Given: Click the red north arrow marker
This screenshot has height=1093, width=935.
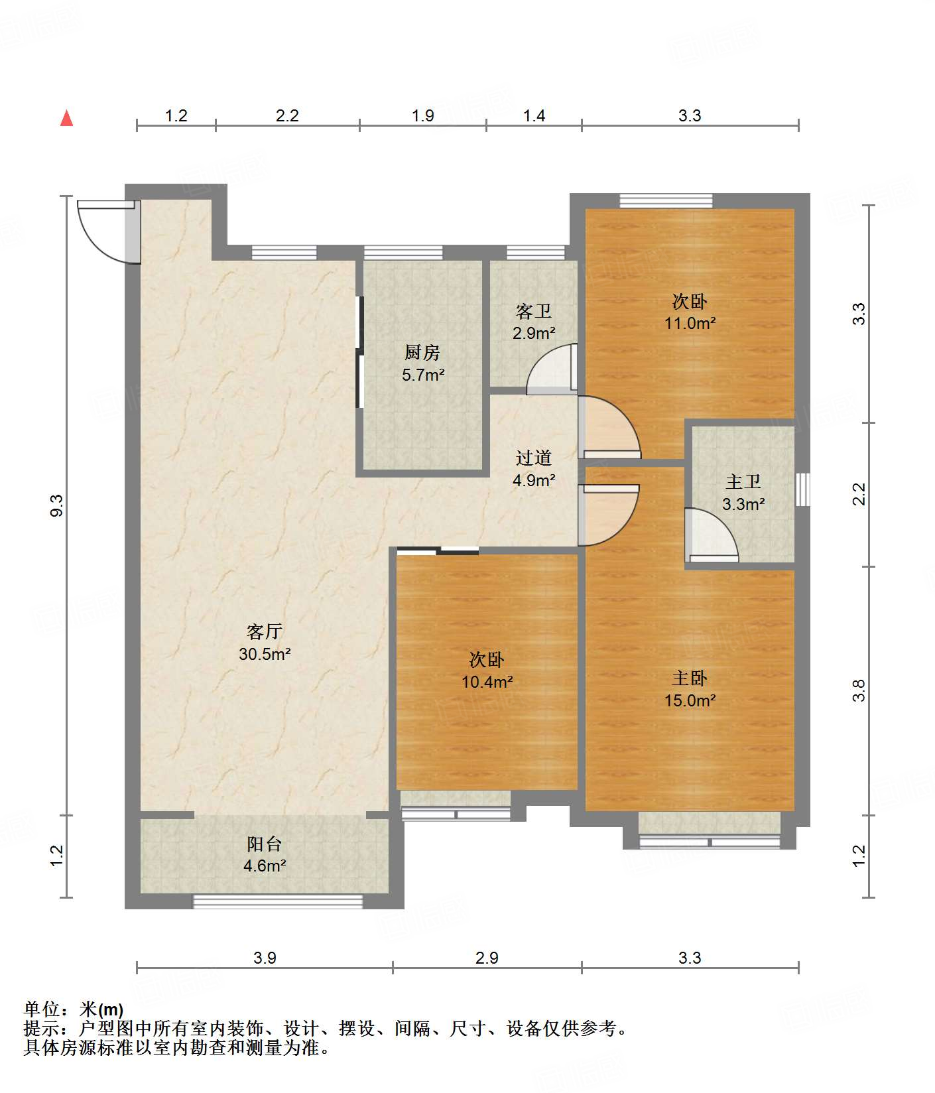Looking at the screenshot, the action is (66, 118).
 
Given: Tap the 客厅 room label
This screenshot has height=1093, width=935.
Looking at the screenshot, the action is (265, 631).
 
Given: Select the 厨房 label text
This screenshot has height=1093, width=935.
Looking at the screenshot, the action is (422, 352).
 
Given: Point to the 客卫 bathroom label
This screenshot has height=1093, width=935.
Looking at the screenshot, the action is (534, 310).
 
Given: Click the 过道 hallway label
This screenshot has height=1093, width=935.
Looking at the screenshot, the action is (534, 458).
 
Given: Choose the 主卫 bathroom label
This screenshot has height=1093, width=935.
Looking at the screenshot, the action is (743, 482).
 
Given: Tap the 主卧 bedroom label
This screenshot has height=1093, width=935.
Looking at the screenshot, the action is (690, 678).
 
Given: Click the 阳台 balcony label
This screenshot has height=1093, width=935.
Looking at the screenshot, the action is (265, 844).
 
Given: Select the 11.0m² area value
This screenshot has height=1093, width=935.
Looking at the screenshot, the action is (690, 324).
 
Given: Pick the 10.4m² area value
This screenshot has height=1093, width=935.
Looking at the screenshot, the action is (487, 682).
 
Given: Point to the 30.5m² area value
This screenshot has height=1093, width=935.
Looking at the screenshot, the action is (265, 654).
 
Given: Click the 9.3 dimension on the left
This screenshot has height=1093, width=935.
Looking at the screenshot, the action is (57, 505).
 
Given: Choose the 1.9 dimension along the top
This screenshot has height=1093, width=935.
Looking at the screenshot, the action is (422, 116).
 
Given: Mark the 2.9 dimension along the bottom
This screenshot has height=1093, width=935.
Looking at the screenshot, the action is (487, 958).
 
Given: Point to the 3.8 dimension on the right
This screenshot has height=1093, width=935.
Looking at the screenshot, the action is (859, 690).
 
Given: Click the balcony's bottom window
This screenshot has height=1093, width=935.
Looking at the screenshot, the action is (278, 901).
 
